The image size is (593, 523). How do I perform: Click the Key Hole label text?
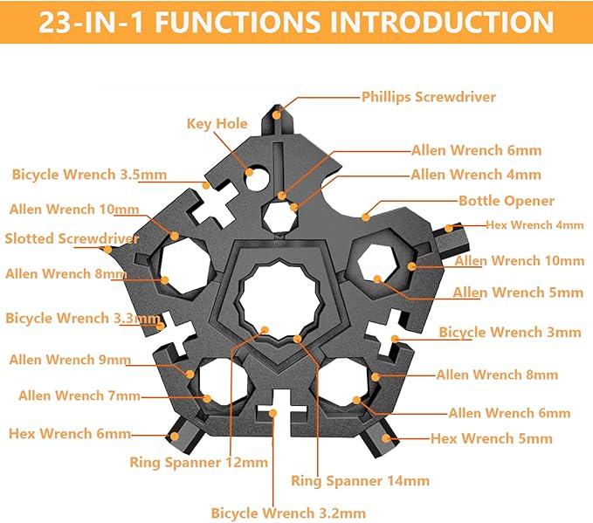217,123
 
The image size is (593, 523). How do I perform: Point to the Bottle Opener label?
506,200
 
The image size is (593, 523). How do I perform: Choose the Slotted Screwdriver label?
72,238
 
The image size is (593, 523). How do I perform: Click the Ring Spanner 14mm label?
360,480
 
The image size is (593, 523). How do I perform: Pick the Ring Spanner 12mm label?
198,462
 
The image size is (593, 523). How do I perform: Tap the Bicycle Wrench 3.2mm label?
288,513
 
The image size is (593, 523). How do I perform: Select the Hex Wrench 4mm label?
534,224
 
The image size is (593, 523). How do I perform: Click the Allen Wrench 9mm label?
71,359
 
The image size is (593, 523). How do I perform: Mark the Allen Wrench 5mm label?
516,292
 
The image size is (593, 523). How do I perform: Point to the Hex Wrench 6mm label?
70,433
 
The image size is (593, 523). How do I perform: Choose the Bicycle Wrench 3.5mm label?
89,175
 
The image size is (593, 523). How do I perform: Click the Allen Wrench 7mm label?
79,396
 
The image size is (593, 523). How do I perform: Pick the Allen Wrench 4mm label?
475,175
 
